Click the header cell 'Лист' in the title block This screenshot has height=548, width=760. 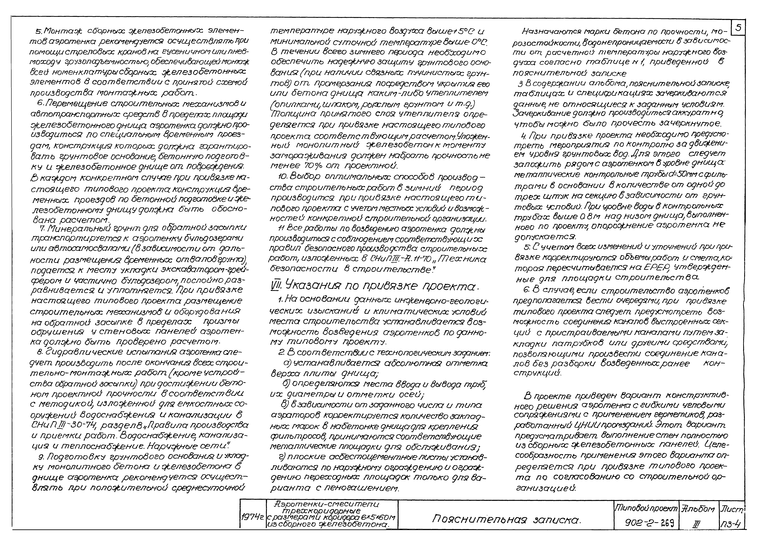click(x=731, y=509)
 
